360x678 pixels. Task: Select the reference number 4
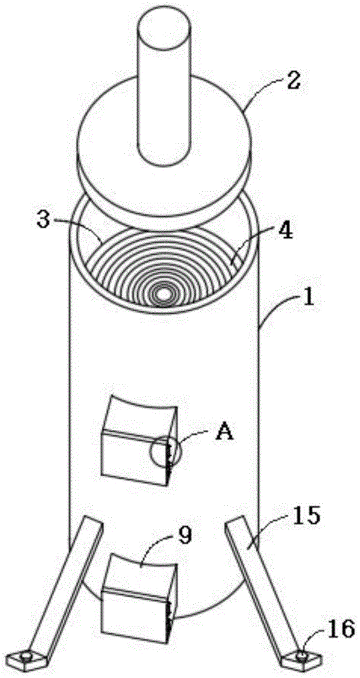(x=285, y=231)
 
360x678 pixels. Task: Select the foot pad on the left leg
(x=28, y=658)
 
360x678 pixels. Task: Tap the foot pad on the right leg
(x=301, y=658)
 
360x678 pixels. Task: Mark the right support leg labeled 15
(x=264, y=584)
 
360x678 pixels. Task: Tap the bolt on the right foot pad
(x=301, y=656)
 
